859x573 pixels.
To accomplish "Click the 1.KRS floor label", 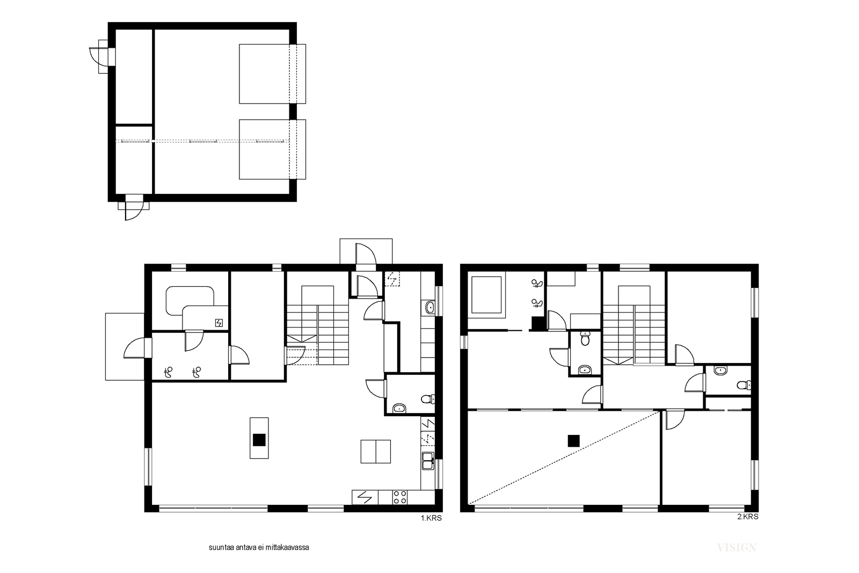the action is coord(431,518).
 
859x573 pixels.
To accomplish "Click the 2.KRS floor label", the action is coord(748,517).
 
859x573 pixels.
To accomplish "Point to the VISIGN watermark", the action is coord(737,548).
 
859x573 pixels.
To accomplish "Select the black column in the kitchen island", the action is coord(259,439).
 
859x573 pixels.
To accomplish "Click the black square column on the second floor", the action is coord(574,441).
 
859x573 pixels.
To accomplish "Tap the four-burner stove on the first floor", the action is coord(399,497).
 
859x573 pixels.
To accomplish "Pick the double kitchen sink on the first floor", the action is coord(427,461).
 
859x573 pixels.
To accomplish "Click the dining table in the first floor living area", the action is coord(375,452).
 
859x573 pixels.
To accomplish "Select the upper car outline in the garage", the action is coord(272,74).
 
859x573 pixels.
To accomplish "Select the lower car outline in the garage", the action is coord(272,149).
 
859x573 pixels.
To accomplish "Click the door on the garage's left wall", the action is coord(98,57).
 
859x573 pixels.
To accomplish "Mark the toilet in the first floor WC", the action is coord(427,399).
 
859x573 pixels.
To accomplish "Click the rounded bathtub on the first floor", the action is coord(190,301).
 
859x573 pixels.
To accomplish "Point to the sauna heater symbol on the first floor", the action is coord(219,323).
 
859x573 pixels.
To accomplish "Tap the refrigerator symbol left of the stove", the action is coord(365,497).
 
